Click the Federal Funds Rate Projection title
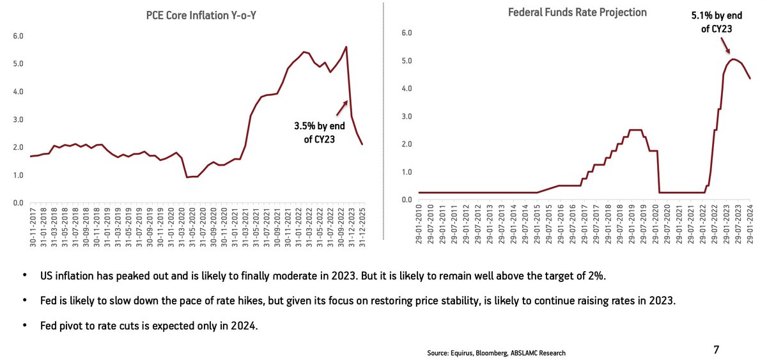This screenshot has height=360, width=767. pyautogui.click(x=577, y=12)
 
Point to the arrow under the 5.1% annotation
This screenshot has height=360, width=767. pyautogui.click(x=725, y=46)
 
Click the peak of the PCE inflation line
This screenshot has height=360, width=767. pyautogui.click(x=346, y=47)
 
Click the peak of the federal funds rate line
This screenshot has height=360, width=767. pyautogui.click(x=733, y=59)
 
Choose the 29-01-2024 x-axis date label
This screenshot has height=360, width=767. pyautogui.click(x=750, y=226)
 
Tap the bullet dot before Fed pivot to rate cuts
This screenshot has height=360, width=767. pyautogui.click(x=24, y=324)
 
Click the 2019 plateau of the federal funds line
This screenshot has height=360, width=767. pyautogui.click(x=635, y=130)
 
